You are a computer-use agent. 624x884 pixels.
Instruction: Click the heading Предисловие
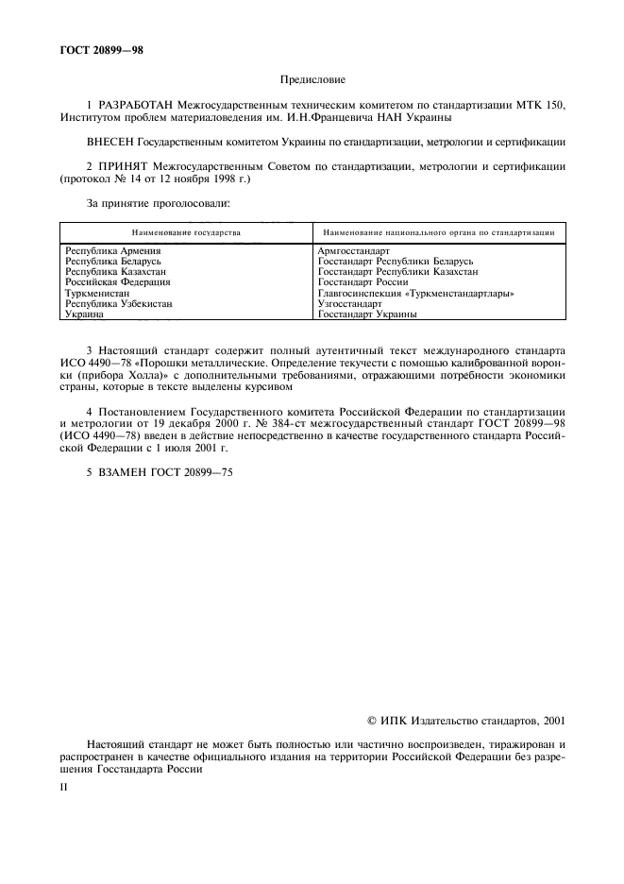312,80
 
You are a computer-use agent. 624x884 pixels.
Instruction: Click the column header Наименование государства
186,231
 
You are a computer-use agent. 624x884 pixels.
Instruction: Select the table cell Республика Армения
112,250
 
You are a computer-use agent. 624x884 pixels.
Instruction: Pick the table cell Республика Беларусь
113,261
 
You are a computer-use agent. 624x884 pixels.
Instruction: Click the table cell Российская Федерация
117,281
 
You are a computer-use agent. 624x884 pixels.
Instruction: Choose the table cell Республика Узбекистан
118,303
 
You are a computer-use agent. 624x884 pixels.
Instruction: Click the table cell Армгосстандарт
354,250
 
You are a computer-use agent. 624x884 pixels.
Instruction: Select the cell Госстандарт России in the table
363,281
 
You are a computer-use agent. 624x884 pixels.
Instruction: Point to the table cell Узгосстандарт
350,303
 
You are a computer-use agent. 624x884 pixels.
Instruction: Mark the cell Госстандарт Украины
367,314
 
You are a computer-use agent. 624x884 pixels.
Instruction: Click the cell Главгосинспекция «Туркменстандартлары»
415,293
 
